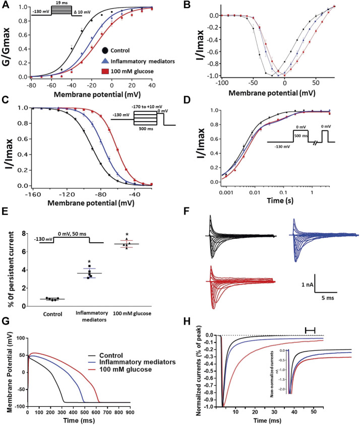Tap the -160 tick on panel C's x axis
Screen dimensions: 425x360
point(31,194)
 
